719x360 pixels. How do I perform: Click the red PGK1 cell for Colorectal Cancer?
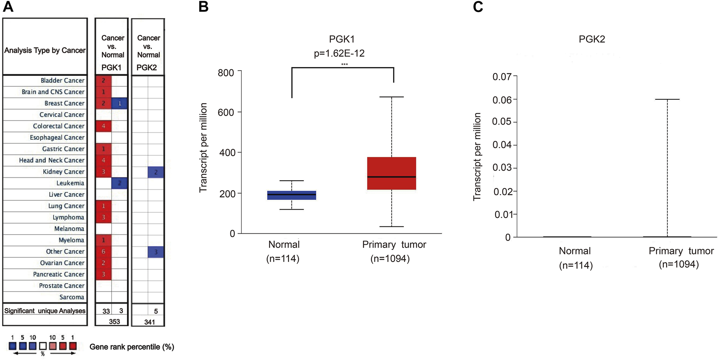pyautogui.click(x=103, y=126)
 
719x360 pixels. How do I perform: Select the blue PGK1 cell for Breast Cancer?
pyautogui.click(x=120, y=103)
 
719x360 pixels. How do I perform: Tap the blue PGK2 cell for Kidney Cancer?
pyautogui.click(x=156, y=172)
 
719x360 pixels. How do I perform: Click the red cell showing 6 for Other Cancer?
pyautogui.click(x=103, y=252)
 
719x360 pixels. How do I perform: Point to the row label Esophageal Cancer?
pyautogui.click(x=57, y=138)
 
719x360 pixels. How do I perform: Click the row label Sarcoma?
pyautogui.click(x=72, y=297)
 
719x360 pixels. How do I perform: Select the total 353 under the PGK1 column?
pyautogui.click(x=114, y=321)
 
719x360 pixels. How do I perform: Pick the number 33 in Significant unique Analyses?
pyautogui.click(x=106, y=311)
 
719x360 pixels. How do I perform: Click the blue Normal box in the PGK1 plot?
pyautogui.click(x=291, y=195)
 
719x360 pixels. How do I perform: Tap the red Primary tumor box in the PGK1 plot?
pyautogui.click(x=391, y=173)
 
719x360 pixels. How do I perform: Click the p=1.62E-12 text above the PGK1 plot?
pyautogui.click(x=339, y=54)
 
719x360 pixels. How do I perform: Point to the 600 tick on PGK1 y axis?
pyautogui.click(x=226, y=112)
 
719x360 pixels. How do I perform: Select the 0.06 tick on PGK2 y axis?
pyautogui.click(x=502, y=99)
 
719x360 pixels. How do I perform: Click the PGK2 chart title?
pyautogui.click(x=592, y=39)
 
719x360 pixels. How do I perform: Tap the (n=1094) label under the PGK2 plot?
pyautogui.click(x=678, y=265)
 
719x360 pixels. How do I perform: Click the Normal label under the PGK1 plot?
pyautogui.click(x=284, y=245)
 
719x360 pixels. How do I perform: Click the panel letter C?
pyautogui.click(x=478, y=7)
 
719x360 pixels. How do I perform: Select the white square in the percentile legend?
pyautogui.click(x=43, y=346)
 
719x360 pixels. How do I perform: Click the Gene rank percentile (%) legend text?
pyautogui.click(x=131, y=347)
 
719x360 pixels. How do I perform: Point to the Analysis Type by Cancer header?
pyautogui.click(x=45, y=50)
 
